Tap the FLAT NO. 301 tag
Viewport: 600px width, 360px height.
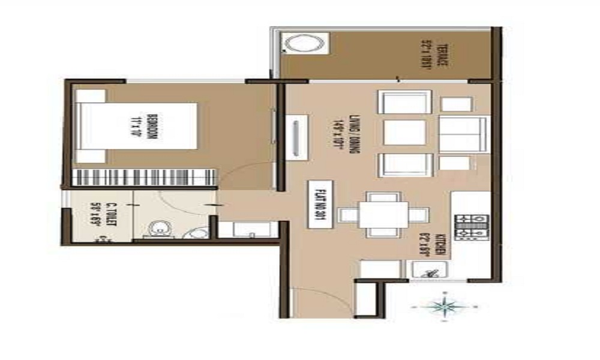[317, 203]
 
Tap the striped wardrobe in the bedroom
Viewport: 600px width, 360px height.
[143, 178]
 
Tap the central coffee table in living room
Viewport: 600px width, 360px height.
[404, 133]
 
